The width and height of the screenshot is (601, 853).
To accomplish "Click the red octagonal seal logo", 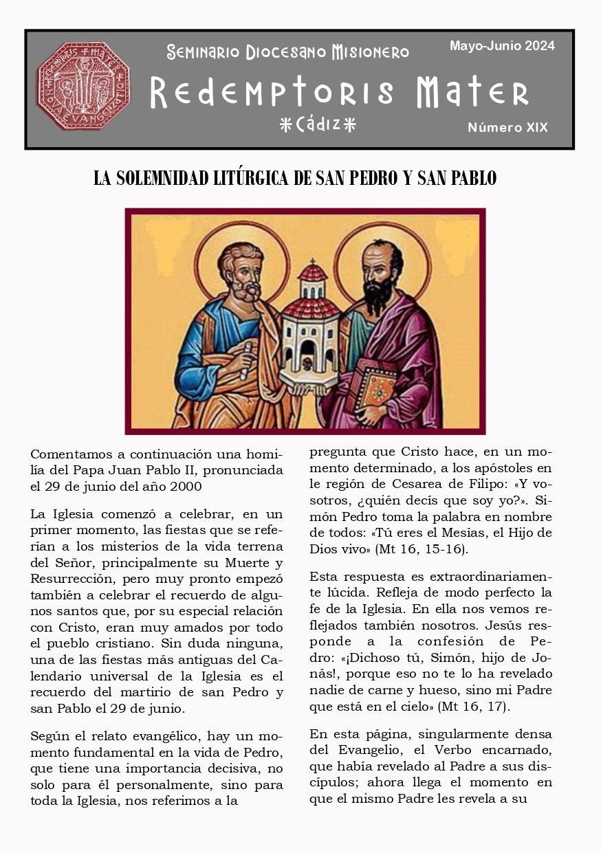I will [x=83, y=86].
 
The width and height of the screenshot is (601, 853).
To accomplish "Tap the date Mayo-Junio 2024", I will [x=502, y=46].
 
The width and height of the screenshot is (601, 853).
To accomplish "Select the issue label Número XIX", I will [x=507, y=128].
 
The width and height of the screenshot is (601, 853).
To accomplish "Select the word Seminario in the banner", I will [x=203, y=52].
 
